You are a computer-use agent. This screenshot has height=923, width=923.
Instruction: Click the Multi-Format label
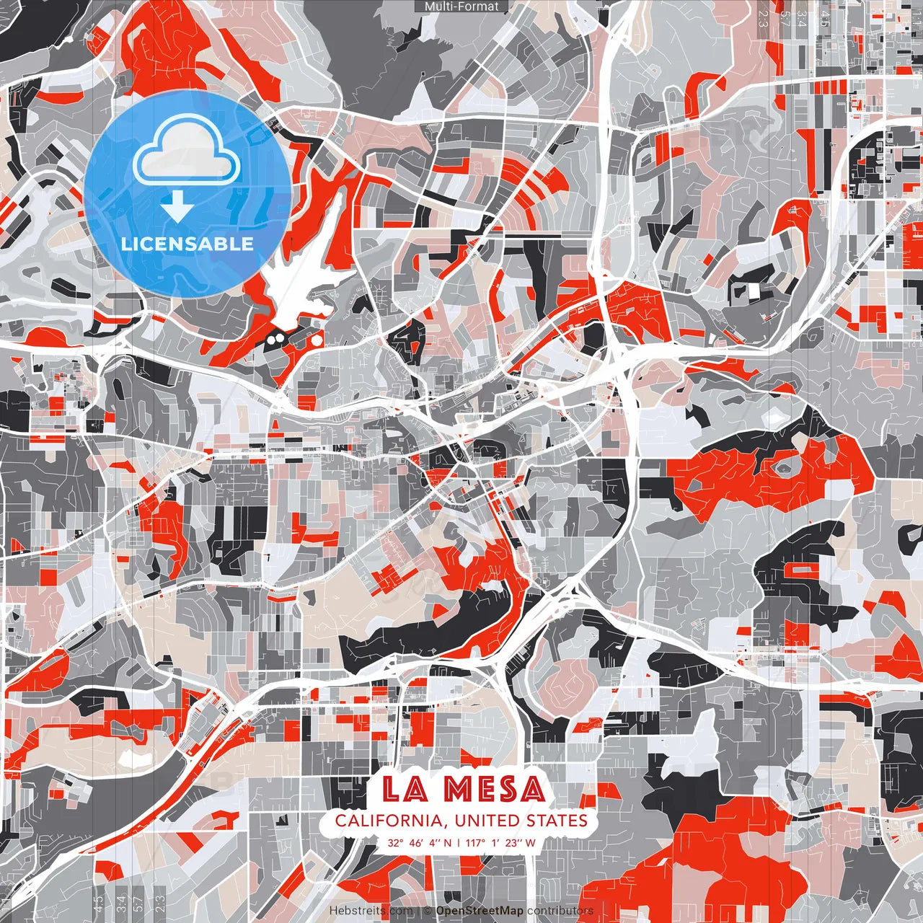pos(461,6)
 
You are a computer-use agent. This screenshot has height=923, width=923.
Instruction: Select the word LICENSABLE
pos(187,244)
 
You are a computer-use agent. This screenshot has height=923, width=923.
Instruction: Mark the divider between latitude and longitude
pos(459,842)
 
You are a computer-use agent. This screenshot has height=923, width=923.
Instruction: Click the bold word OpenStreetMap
pos(480,911)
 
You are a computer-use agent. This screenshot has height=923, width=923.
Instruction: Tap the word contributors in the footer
pos(560,911)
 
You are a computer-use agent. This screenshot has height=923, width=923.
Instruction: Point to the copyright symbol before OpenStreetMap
pos(427,911)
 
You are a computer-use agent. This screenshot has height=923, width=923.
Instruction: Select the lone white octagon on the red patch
pos(317,339)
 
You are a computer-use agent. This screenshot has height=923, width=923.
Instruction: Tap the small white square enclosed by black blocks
pos(754,291)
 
